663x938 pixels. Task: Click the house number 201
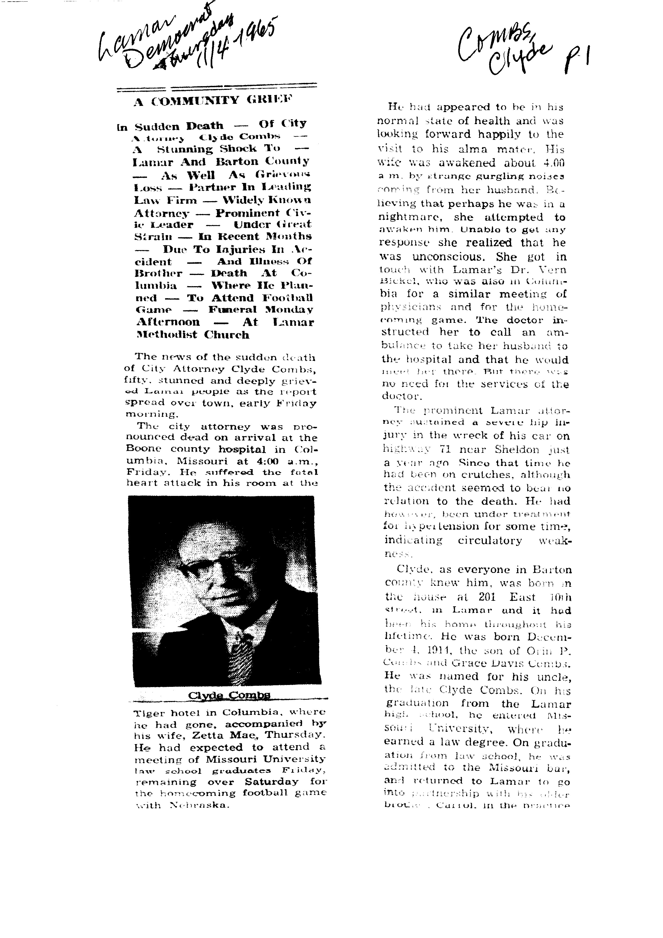pos(487,597)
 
